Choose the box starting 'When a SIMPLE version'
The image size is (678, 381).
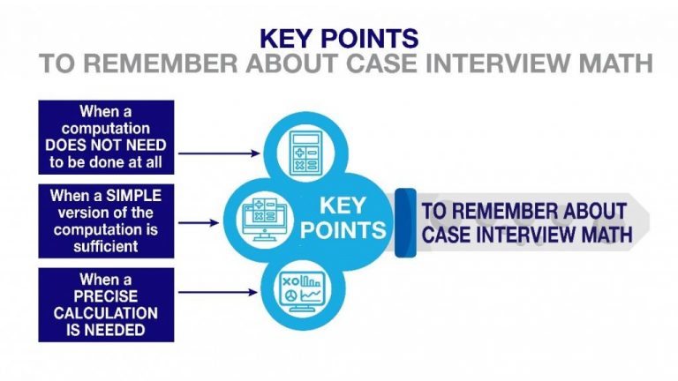(x=106, y=220)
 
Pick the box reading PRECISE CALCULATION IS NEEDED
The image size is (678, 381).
(x=106, y=305)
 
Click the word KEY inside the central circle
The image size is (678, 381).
(x=342, y=205)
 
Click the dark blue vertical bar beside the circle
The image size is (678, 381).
(x=405, y=222)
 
